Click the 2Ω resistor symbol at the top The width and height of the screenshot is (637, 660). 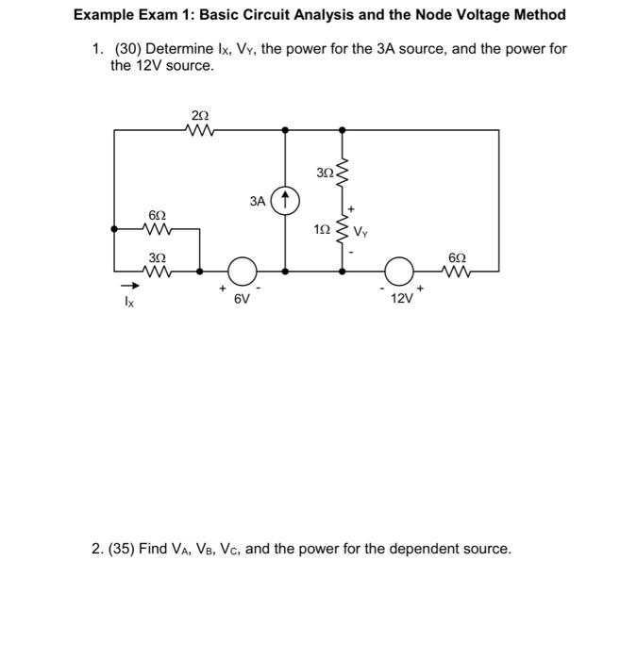pyautogui.click(x=199, y=131)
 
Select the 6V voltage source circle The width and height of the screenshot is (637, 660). pyautogui.click(x=243, y=271)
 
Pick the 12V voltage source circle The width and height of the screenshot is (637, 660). pyautogui.click(x=402, y=271)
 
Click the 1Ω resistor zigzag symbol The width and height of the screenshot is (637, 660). pyautogui.click(x=342, y=229)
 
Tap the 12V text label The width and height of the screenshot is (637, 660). pyautogui.click(x=401, y=298)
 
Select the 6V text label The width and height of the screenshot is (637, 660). pyautogui.click(x=242, y=298)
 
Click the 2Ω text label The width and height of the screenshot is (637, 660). pyautogui.click(x=199, y=115)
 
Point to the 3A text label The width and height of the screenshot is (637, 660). pyautogui.click(x=258, y=201)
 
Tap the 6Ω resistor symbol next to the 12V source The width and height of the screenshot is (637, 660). pyautogui.click(x=458, y=271)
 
